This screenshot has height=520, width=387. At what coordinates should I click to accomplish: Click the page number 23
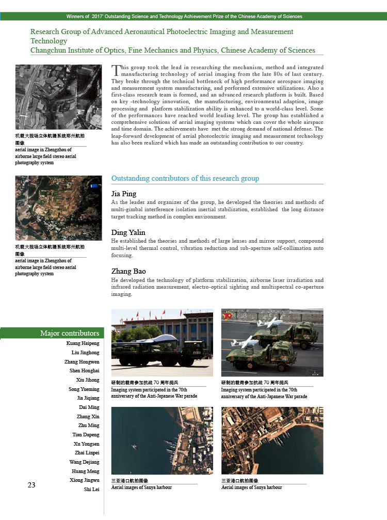click(x=31, y=485)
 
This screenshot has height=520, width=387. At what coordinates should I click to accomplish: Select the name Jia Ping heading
click(x=124, y=194)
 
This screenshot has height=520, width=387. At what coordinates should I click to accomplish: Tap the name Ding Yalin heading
click(x=128, y=232)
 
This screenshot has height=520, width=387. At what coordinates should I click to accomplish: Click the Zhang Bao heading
click(x=128, y=271)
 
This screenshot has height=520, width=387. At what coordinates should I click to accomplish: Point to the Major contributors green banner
click(x=52, y=333)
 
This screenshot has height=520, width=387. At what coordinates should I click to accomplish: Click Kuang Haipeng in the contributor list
click(x=83, y=343)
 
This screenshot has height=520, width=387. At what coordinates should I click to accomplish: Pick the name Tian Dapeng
click(x=86, y=435)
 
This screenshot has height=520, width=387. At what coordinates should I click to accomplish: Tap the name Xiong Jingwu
click(x=85, y=480)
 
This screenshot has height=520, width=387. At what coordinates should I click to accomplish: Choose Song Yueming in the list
click(x=84, y=389)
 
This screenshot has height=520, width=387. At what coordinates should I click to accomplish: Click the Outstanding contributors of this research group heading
click(x=185, y=178)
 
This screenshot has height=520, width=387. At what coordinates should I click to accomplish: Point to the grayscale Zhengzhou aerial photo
click(x=58, y=97)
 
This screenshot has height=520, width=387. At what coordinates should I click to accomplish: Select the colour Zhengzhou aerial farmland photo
click(x=58, y=208)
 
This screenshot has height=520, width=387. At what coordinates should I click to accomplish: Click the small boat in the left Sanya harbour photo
click(x=134, y=447)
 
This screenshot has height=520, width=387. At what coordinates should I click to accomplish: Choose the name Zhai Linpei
click(x=87, y=453)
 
